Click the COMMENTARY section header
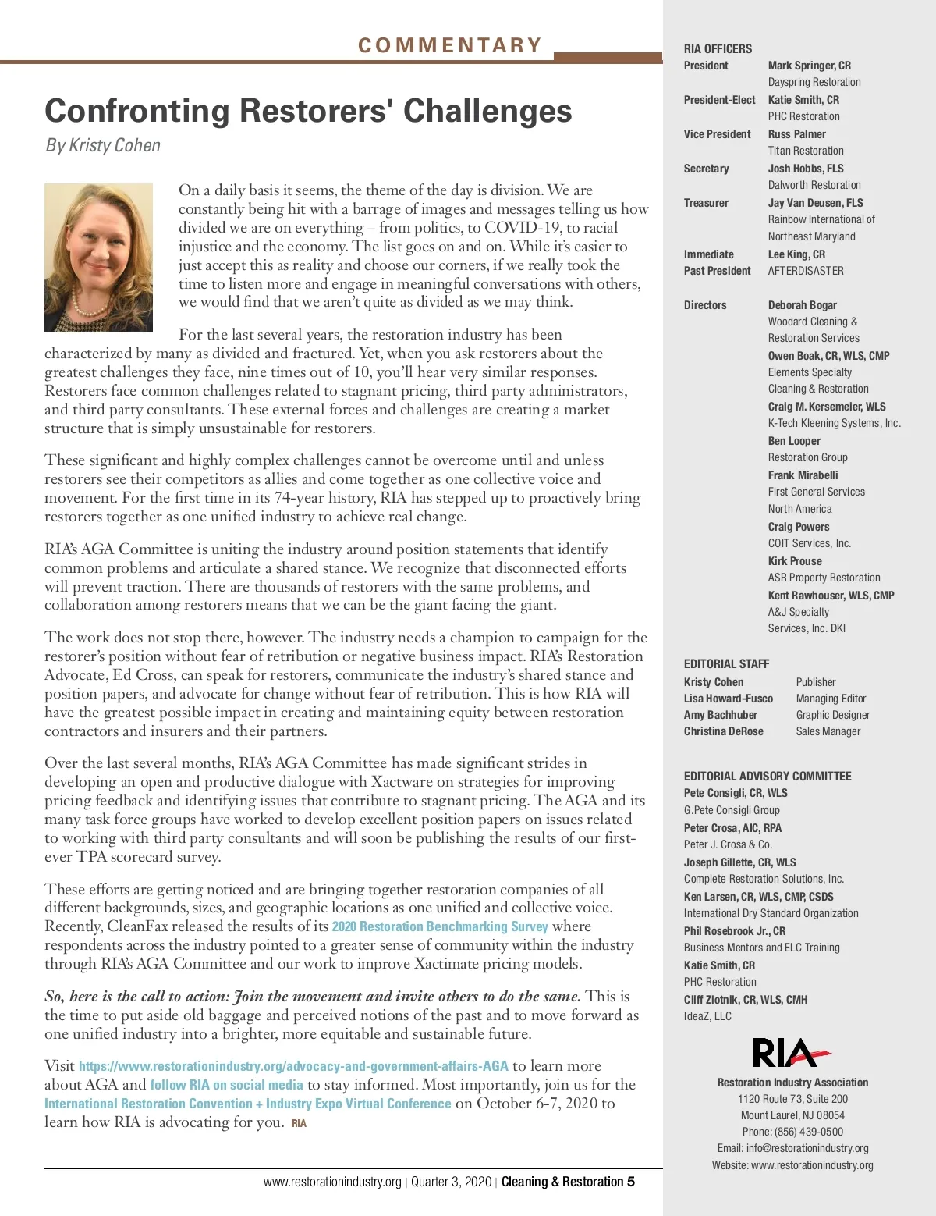point(450,45)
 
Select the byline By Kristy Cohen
point(103,145)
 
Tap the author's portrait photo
point(98,258)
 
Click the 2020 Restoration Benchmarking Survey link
point(440,926)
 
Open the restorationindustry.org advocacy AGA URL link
point(293,1066)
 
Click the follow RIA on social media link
point(226,1085)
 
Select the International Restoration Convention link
point(248,1104)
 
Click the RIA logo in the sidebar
point(791,1053)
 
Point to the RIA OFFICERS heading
point(718,48)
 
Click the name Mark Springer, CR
point(809,66)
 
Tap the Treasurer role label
point(706,203)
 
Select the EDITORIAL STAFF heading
point(726,663)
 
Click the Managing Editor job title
point(831,699)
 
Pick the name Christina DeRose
point(723,731)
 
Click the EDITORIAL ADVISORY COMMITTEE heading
point(768,776)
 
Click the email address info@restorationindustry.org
point(807,1148)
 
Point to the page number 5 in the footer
point(630,1182)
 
